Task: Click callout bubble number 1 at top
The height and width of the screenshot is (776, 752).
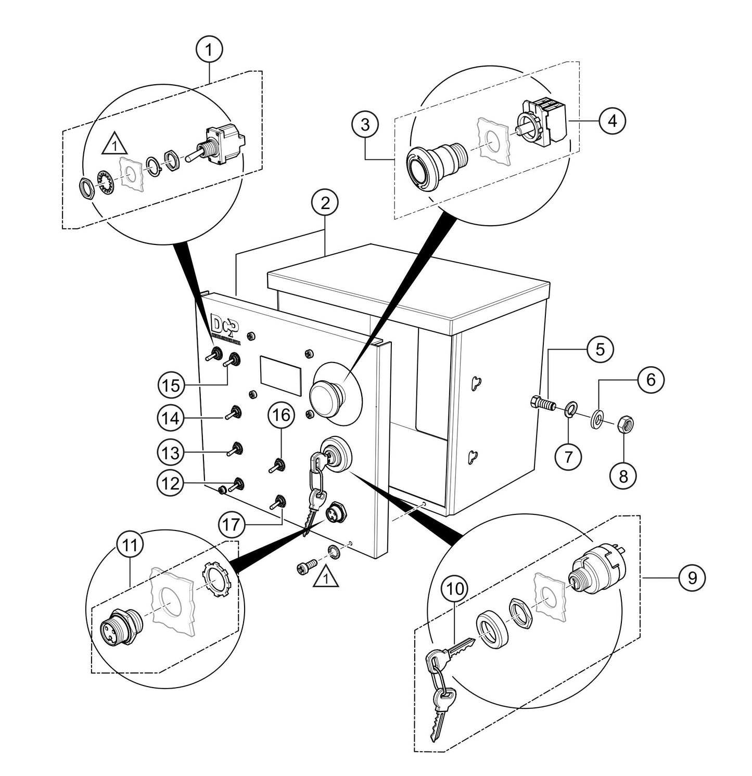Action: coord(209,50)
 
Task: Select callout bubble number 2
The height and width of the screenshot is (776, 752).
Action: coord(325,203)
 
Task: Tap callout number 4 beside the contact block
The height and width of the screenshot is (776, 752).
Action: coord(612,121)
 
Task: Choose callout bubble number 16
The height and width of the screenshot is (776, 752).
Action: coord(282,415)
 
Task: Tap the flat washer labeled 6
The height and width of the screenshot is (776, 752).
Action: coord(597,418)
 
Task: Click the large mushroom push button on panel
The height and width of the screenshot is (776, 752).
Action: coord(328,397)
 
